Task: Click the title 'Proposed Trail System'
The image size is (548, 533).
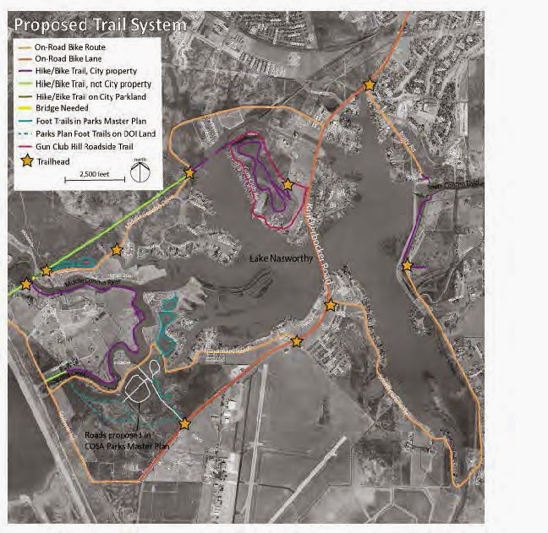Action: pos(100,24)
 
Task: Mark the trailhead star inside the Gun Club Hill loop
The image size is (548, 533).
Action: pos(288,183)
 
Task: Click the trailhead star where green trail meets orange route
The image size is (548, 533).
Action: pos(189,173)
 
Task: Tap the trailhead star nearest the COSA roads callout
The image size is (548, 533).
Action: pos(184,424)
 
